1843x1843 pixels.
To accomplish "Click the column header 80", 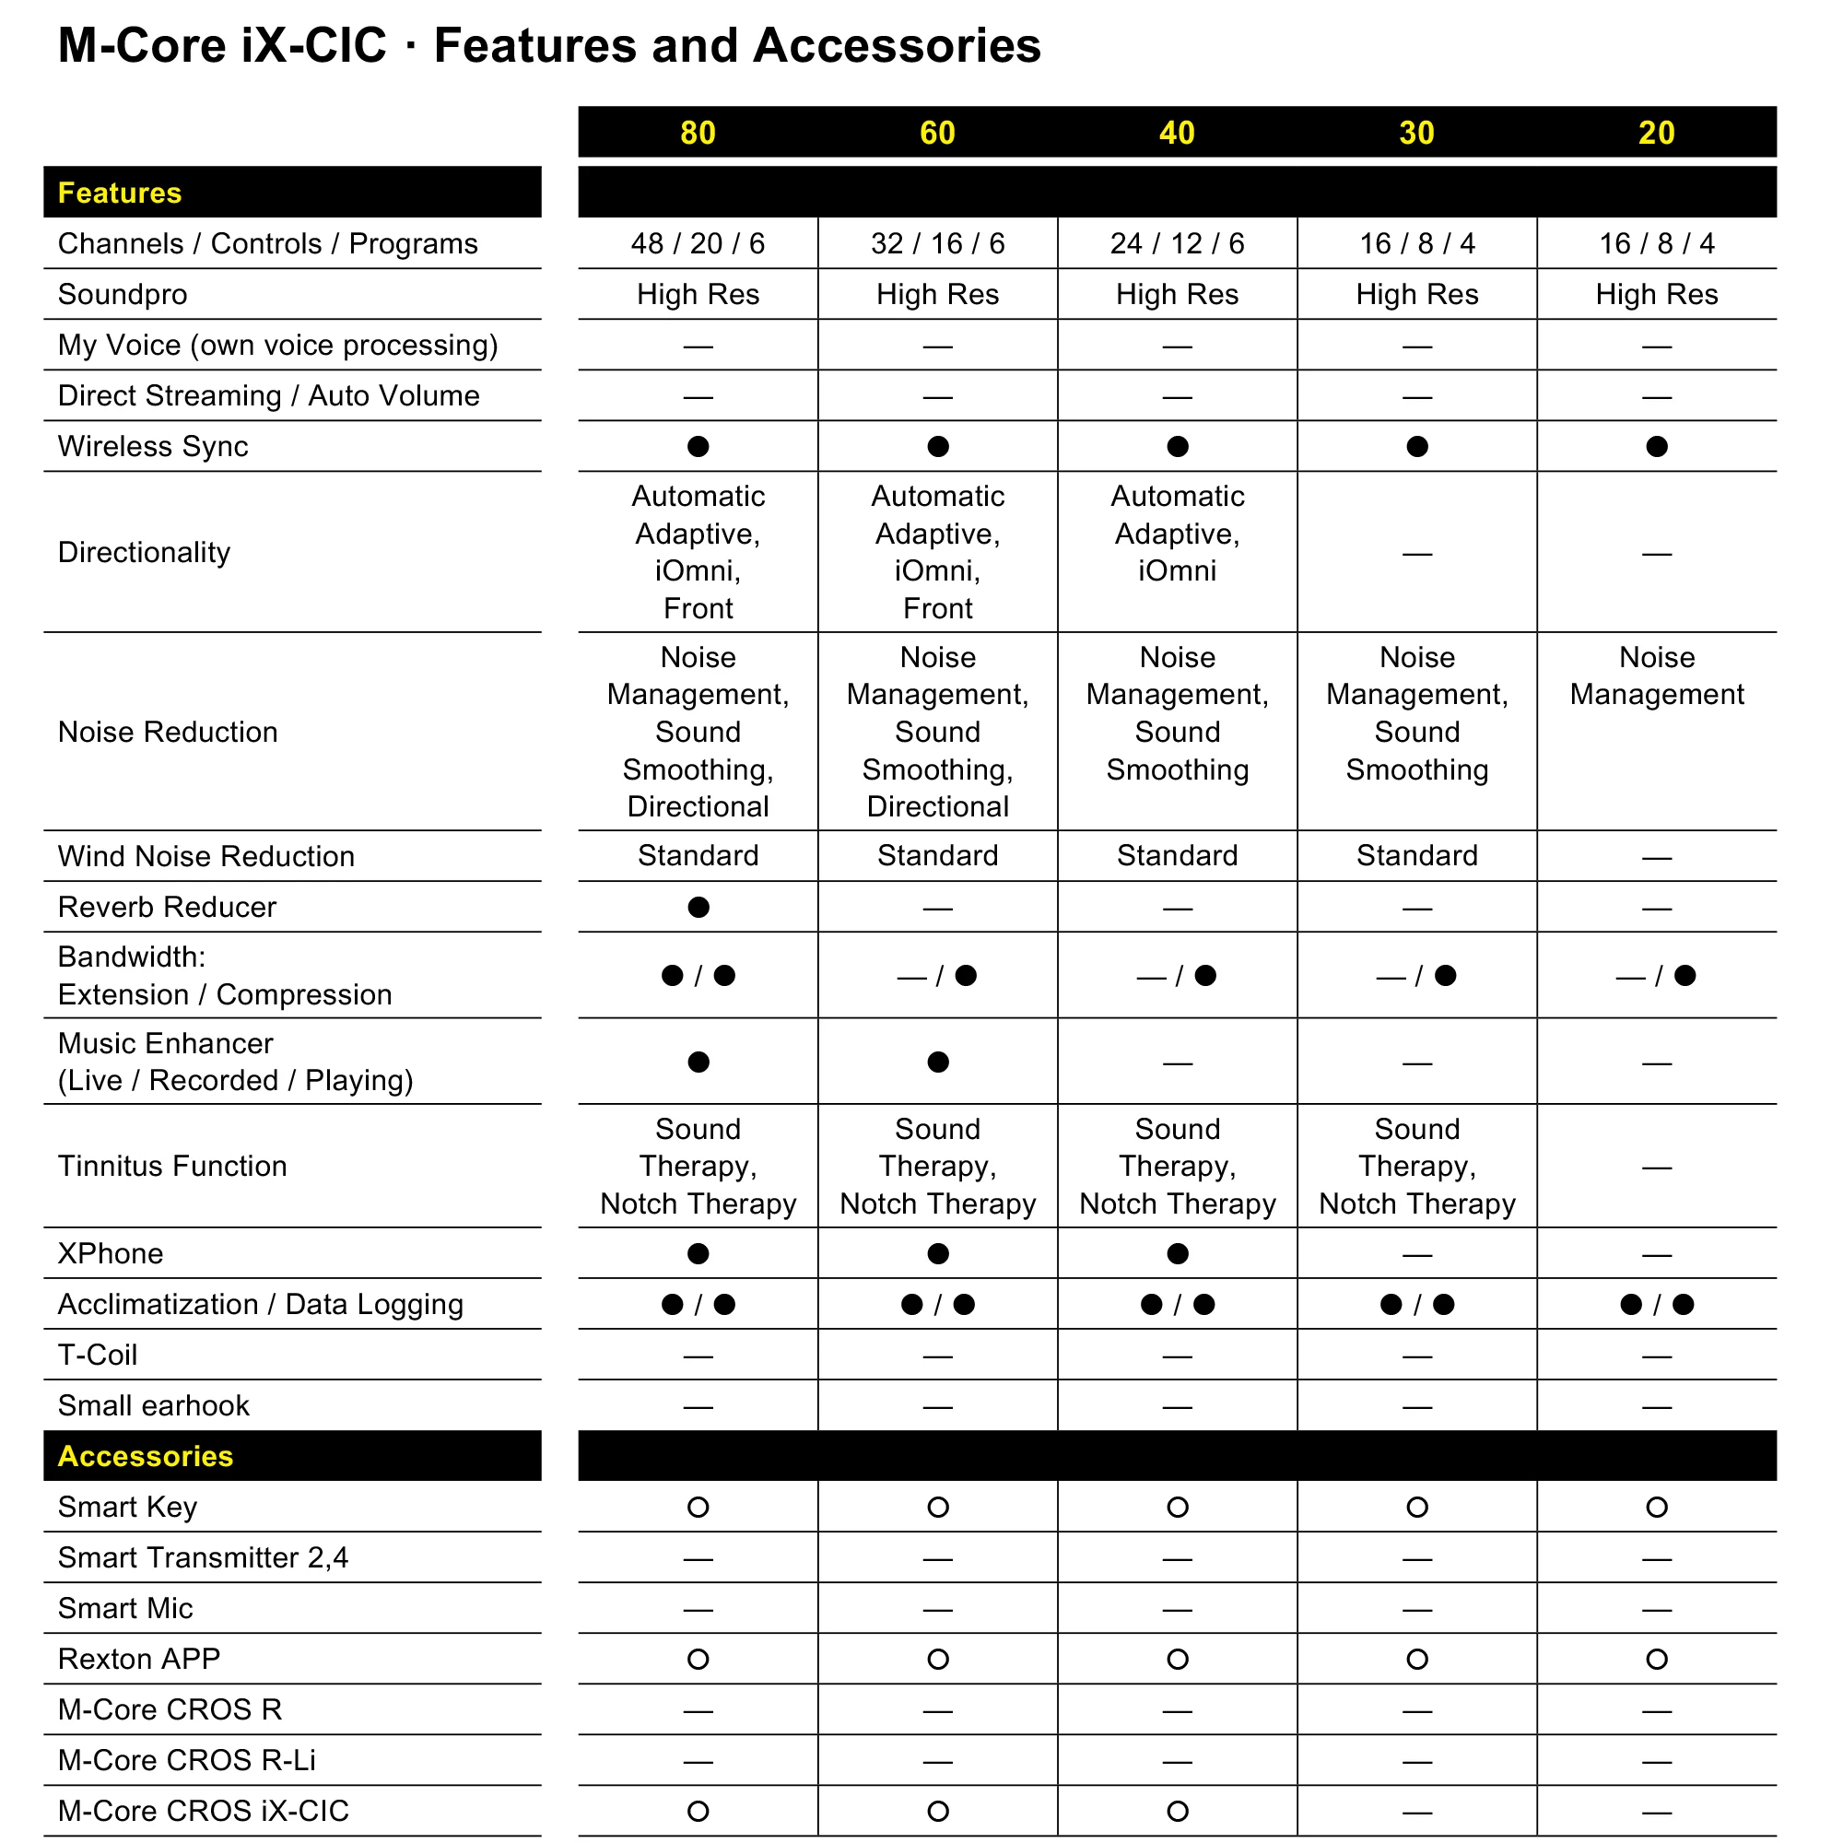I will [x=698, y=133].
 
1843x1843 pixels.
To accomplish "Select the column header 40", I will [x=1177, y=133].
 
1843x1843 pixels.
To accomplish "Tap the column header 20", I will [x=1656, y=133].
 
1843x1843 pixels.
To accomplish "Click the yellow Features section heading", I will [x=119, y=193].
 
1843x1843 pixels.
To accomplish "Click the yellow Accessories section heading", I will [x=145, y=1456].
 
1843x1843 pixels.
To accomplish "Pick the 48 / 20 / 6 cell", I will [x=698, y=244].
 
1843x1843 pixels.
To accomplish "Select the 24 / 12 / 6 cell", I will [x=1177, y=244].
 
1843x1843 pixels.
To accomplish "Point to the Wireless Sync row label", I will [x=153, y=446].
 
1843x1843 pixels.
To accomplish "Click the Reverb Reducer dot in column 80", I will [x=698, y=907].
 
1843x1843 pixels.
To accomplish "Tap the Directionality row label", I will [x=144, y=552].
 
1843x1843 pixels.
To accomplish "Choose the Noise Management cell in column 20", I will [x=1656, y=676].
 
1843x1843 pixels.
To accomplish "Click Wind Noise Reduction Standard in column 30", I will [x=1416, y=856].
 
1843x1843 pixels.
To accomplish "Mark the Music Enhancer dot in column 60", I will [x=938, y=1062].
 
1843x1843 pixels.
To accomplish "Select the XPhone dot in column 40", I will [x=1177, y=1253].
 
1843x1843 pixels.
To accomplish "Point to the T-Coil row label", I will [x=98, y=1355].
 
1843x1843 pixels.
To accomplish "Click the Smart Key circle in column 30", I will [x=1416, y=1508].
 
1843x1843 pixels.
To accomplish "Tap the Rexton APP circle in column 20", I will [x=1656, y=1659].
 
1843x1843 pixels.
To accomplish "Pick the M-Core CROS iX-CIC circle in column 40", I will [x=1177, y=1811].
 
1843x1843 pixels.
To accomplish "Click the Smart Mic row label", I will [x=125, y=1608].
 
